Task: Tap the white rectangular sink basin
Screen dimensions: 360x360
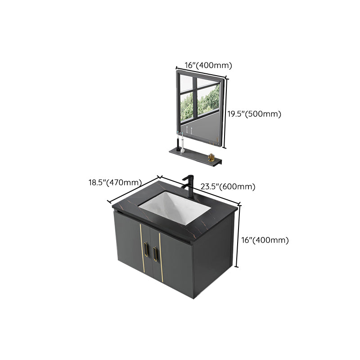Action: coord(173,207)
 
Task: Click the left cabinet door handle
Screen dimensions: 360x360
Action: coord(146,250)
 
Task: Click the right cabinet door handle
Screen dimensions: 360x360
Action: coord(156,252)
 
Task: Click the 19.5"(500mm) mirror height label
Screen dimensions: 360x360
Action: coord(254,114)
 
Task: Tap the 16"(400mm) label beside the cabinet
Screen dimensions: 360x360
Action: coord(265,240)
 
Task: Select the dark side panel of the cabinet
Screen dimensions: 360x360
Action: coord(211,261)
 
